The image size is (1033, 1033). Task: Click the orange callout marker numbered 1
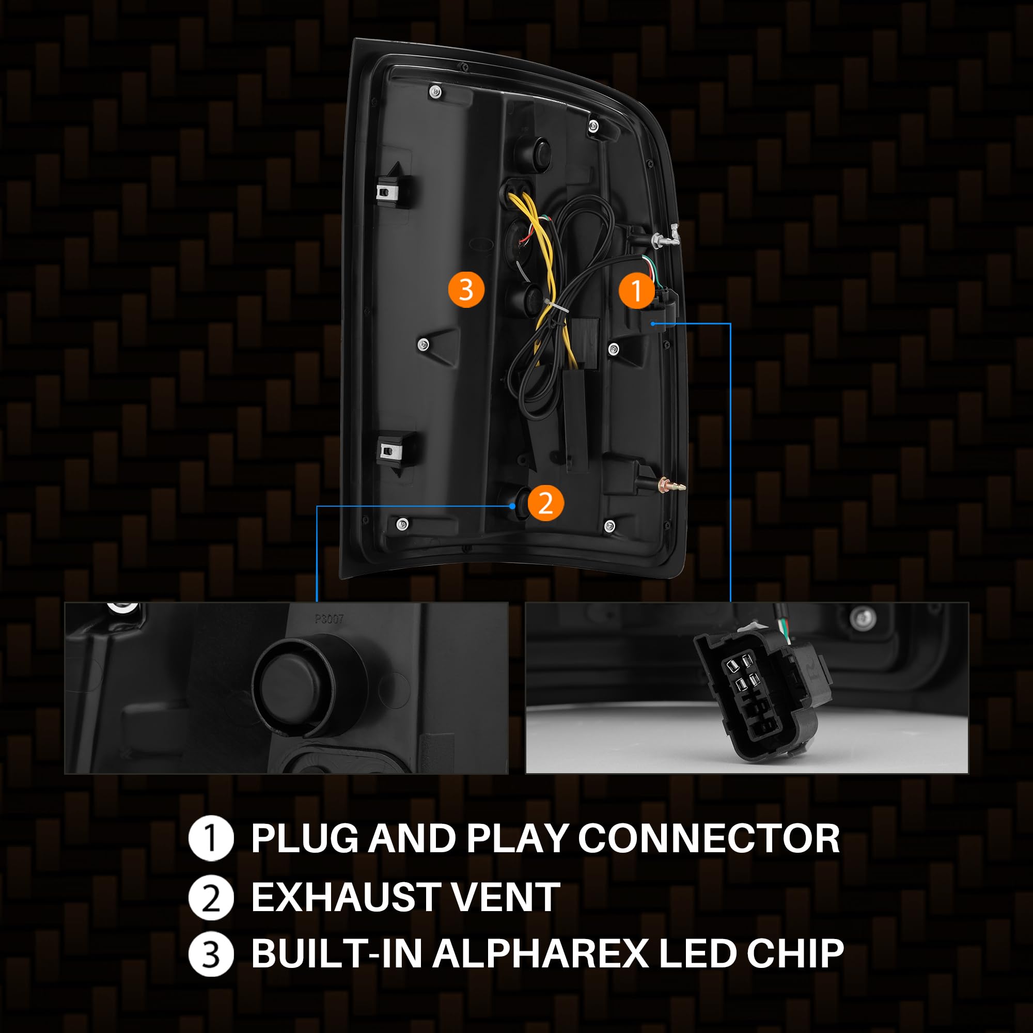click(636, 291)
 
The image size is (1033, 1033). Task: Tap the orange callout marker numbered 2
click(545, 503)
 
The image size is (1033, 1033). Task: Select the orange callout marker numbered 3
click(466, 290)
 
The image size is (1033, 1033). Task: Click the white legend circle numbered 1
click(211, 838)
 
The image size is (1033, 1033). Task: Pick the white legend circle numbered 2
click(211, 898)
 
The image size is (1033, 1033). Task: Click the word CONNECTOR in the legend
click(709, 838)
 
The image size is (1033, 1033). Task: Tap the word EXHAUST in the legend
click(343, 898)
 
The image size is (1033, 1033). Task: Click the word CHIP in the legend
click(795, 954)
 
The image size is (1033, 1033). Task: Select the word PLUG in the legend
click(305, 838)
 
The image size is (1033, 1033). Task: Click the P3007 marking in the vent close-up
click(329, 619)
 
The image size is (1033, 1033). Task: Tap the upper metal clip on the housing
click(389, 191)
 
